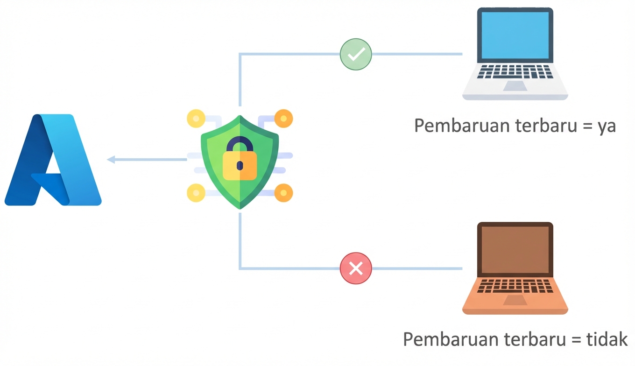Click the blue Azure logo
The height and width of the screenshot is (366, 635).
click(52, 160)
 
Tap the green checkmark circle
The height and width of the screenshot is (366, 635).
click(356, 55)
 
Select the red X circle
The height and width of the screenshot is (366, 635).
click(356, 268)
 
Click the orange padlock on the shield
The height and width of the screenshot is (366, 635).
click(240, 164)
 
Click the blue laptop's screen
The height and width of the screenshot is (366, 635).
click(515, 35)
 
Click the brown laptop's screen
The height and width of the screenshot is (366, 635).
click(515, 249)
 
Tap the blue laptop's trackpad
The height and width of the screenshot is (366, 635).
click(515, 86)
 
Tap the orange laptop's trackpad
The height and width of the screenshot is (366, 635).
click(515, 300)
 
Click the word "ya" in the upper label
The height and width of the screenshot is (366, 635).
click(607, 126)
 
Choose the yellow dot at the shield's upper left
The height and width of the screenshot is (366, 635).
click(196, 119)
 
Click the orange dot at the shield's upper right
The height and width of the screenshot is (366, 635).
click(283, 119)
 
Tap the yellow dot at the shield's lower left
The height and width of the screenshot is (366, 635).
click(196, 193)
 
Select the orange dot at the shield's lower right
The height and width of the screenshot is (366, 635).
click(283, 193)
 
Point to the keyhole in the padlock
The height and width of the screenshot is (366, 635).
click(240, 166)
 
